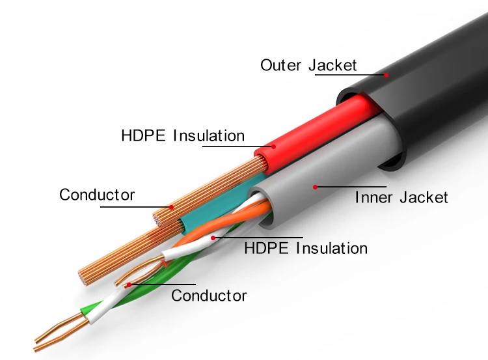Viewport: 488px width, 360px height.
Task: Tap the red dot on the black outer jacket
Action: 386,75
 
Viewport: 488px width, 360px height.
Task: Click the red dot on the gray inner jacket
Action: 316,187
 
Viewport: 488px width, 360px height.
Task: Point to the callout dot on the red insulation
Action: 273,146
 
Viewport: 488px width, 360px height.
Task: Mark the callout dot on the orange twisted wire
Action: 213,238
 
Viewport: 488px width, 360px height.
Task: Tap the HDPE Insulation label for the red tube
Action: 183,136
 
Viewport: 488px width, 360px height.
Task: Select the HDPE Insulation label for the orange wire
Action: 305,248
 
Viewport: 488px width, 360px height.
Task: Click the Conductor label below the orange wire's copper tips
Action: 209,296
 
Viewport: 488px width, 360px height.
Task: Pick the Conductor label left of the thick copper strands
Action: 97,195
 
